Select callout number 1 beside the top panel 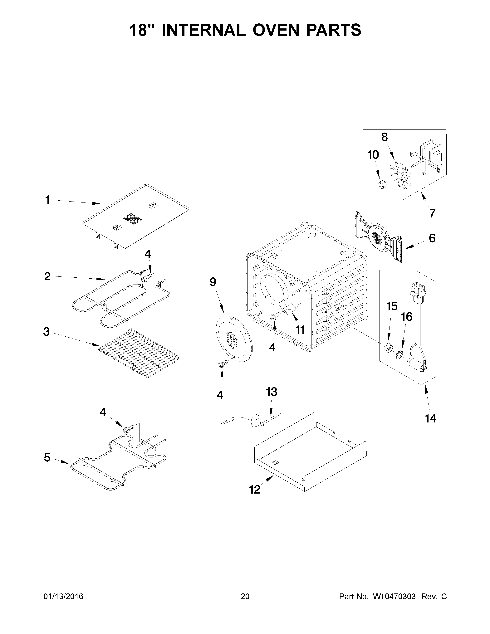coord(47,200)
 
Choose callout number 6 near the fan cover coord(432,238)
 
